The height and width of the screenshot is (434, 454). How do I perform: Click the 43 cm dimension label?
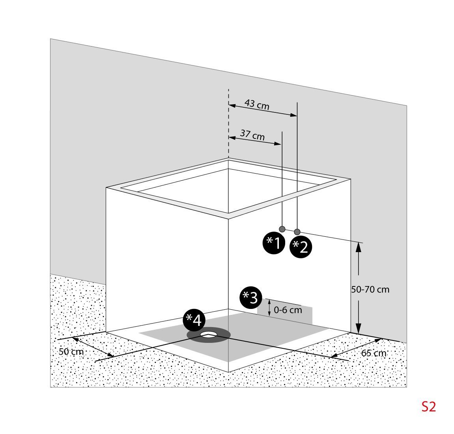[257, 105]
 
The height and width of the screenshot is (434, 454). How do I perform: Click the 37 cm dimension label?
[252, 135]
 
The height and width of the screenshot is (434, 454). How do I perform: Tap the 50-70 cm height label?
[370, 290]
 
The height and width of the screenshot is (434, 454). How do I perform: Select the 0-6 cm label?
[288, 310]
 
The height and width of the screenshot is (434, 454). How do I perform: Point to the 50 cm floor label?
[71, 352]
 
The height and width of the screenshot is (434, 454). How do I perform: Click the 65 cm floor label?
[374, 353]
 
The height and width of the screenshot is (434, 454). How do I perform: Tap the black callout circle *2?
[301, 247]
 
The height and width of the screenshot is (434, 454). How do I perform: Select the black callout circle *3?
[250, 297]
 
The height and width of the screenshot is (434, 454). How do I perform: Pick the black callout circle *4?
[194, 320]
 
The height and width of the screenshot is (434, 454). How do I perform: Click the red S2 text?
[428, 407]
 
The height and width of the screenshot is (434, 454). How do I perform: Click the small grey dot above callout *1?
[282, 229]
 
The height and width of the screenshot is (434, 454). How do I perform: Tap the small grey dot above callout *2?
[297, 232]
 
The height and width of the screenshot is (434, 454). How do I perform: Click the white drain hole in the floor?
[209, 335]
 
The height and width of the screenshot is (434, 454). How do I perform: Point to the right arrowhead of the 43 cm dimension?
[294, 115]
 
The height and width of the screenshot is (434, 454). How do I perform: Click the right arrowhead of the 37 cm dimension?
[278, 144]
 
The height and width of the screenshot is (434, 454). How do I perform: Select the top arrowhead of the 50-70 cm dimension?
[358, 246]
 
